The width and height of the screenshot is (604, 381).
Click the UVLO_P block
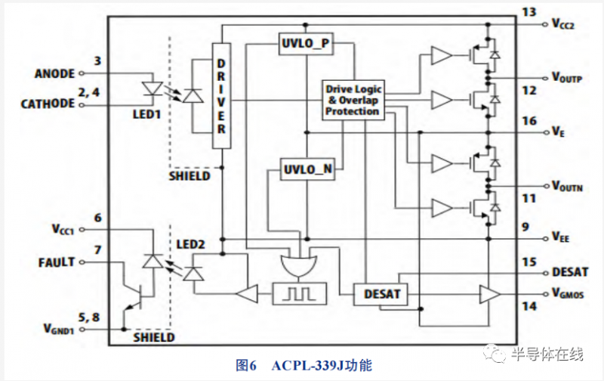(x=307, y=44)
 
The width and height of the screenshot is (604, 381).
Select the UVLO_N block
(x=307, y=169)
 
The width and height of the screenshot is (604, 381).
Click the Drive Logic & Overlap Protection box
(x=353, y=100)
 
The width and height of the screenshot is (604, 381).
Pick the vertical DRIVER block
(x=221, y=96)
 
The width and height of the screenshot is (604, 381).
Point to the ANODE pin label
(x=55, y=74)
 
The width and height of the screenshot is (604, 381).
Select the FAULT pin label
(x=57, y=262)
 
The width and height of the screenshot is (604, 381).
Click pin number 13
(x=528, y=11)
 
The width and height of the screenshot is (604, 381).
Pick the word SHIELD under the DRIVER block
(x=190, y=176)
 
